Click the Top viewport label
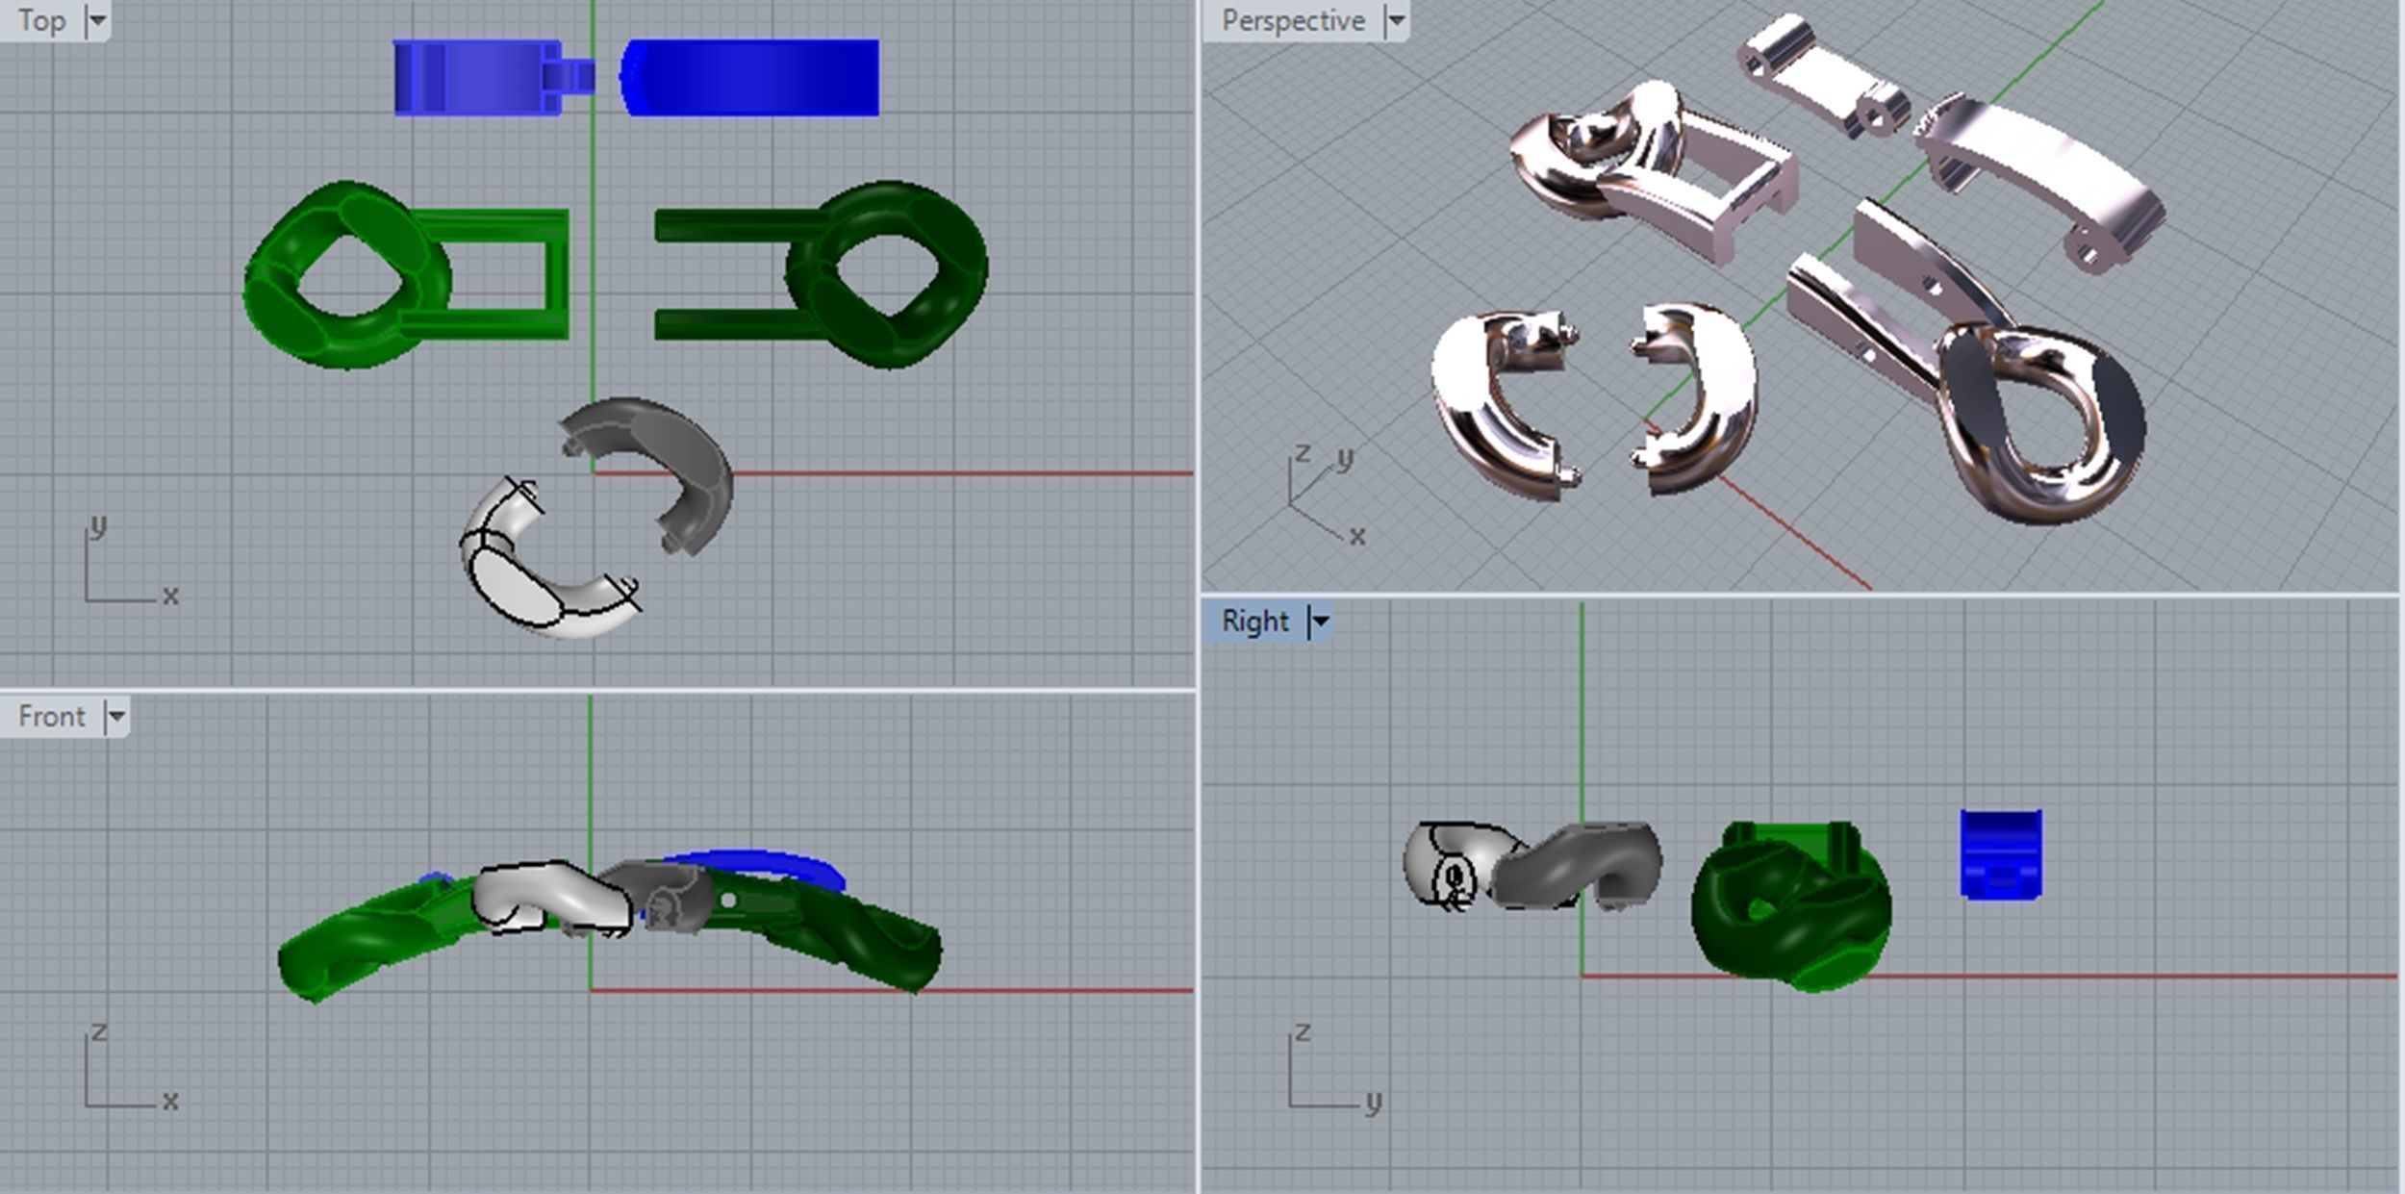click(41, 20)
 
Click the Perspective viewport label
click(1292, 20)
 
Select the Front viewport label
click(51, 717)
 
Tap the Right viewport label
click(1254, 622)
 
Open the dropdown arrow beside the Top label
click(97, 20)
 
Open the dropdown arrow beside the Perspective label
click(1396, 20)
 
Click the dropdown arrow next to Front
click(116, 717)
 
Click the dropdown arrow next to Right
click(1321, 622)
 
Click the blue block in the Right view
click(2001, 854)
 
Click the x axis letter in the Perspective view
click(1356, 536)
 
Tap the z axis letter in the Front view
click(99, 1032)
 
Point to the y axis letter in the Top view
click(97, 526)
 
